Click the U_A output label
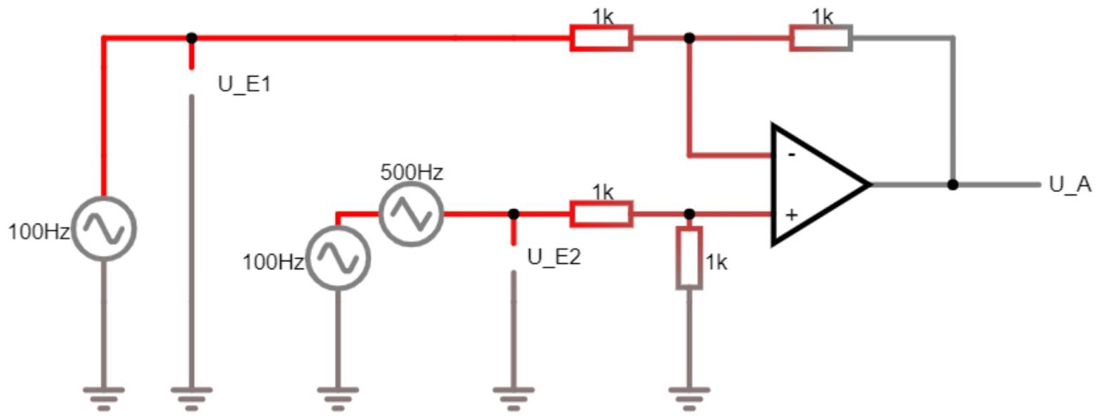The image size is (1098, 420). coord(1069,184)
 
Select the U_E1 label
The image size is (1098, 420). coord(244,84)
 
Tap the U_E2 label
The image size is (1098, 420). coord(554,257)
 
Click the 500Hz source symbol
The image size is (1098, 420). coord(411,214)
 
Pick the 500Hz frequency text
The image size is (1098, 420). coord(412,172)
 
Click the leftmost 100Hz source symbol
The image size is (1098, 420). coord(104,229)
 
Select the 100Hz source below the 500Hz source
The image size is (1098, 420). coord(338,258)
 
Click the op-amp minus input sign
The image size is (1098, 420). coord(792,154)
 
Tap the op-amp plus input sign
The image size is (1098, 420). coord(792,215)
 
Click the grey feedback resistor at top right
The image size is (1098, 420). coord(821,38)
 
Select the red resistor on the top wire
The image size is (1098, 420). coord(601,38)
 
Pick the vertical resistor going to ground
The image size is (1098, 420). coord(689,257)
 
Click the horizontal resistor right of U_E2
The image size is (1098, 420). coord(601,214)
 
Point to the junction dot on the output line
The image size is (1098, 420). coord(953,185)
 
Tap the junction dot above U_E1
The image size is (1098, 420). coord(192,38)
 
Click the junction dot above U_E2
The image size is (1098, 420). coord(514,214)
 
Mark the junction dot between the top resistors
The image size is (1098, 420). coord(689,38)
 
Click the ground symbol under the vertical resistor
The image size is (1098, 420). coord(689,396)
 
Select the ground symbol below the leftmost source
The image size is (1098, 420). coord(104,396)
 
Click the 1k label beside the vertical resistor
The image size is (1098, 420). coord(717,262)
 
